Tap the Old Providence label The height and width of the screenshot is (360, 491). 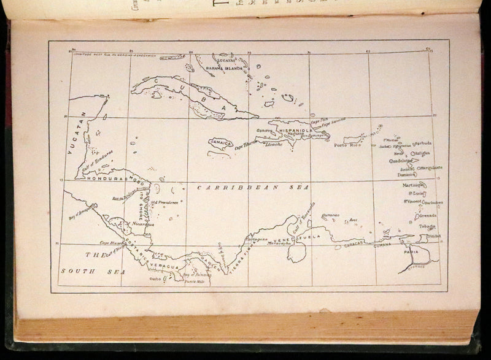(x=164, y=202)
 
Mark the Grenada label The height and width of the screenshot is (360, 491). (x=428, y=216)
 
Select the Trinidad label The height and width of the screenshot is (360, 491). (x=434, y=236)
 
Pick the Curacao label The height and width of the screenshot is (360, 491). (x=330, y=216)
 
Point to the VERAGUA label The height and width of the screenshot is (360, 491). (x=166, y=267)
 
